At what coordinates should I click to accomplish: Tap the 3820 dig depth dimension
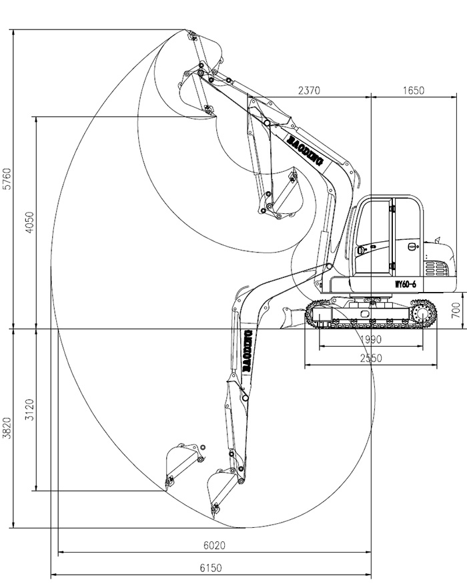pyautogui.click(x=7, y=428)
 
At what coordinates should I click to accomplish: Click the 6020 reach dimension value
pyautogui.click(x=214, y=545)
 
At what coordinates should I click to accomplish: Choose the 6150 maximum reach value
pyautogui.click(x=211, y=568)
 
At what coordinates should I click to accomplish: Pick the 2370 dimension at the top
pyautogui.click(x=310, y=90)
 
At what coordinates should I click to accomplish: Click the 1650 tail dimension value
pyautogui.click(x=413, y=90)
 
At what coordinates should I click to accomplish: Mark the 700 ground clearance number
pyautogui.click(x=456, y=309)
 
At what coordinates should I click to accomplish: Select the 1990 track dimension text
pyautogui.click(x=370, y=339)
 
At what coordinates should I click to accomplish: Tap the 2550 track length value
pyautogui.click(x=370, y=358)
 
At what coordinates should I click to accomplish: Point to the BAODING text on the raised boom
pyautogui.click(x=304, y=149)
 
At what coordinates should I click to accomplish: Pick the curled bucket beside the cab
pyautogui.click(x=284, y=197)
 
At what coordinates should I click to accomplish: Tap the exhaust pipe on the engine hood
pyautogui.click(x=438, y=239)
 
